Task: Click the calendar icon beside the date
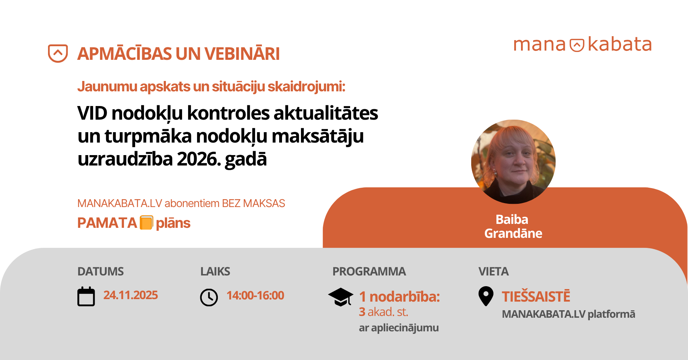[x=86, y=297]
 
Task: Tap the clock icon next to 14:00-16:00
[x=209, y=297]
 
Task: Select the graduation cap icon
[x=340, y=297]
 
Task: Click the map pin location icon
[x=486, y=296]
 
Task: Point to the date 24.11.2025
[x=130, y=295]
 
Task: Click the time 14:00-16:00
[x=255, y=296]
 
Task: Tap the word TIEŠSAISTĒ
[x=536, y=297]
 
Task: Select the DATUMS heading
[x=101, y=272]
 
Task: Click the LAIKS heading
[x=215, y=272]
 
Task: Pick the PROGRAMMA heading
[x=369, y=272]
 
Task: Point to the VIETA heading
[x=493, y=272]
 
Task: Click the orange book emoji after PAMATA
[x=146, y=222]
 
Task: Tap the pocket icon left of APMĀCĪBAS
[x=58, y=53]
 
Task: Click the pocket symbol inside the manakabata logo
[x=577, y=45]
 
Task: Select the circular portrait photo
[x=513, y=162]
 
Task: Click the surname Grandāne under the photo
[x=513, y=234]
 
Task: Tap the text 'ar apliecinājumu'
[x=398, y=328]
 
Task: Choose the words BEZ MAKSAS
[x=253, y=203]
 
